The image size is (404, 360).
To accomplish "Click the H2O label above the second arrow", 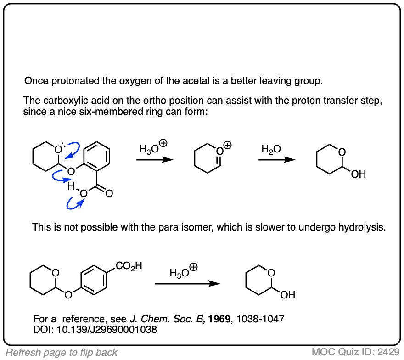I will [x=270, y=149].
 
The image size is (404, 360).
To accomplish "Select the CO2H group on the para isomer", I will [x=129, y=265].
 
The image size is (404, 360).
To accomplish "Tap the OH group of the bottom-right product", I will [x=287, y=295].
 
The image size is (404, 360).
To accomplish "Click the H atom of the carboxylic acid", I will [x=70, y=186].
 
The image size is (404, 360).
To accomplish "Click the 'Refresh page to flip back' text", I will [x=62, y=352].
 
